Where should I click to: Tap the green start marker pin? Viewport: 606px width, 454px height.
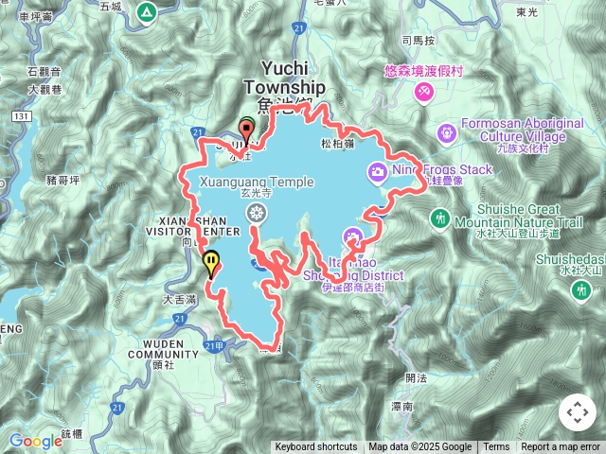point(247,125)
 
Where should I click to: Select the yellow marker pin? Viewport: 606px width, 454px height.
point(211,261)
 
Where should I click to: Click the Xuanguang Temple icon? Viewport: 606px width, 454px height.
point(254,214)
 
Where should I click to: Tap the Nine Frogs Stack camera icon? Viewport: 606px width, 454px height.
point(378,171)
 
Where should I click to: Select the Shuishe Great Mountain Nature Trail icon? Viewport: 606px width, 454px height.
point(439,218)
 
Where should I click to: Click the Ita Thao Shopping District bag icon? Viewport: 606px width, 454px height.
point(352,236)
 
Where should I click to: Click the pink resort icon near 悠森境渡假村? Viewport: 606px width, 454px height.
point(423,92)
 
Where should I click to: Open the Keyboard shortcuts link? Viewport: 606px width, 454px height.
point(316,447)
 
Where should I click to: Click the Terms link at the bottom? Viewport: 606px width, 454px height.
point(496,447)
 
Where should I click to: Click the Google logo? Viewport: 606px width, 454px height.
point(36,441)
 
